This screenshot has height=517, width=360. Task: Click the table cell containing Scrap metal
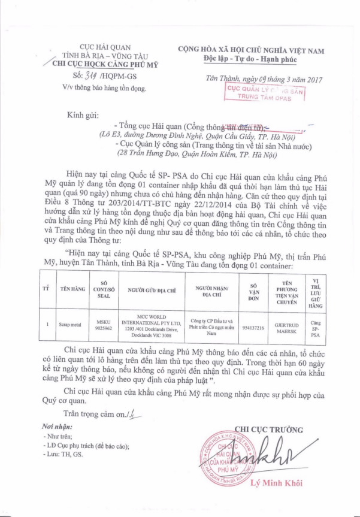click(69, 324)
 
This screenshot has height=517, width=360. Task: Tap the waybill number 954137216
click(253, 324)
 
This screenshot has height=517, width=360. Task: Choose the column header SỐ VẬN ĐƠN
click(253, 289)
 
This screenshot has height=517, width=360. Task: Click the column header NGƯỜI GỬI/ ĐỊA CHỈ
click(147, 289)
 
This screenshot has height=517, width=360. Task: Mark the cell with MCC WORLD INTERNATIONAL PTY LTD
click(147, 324)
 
